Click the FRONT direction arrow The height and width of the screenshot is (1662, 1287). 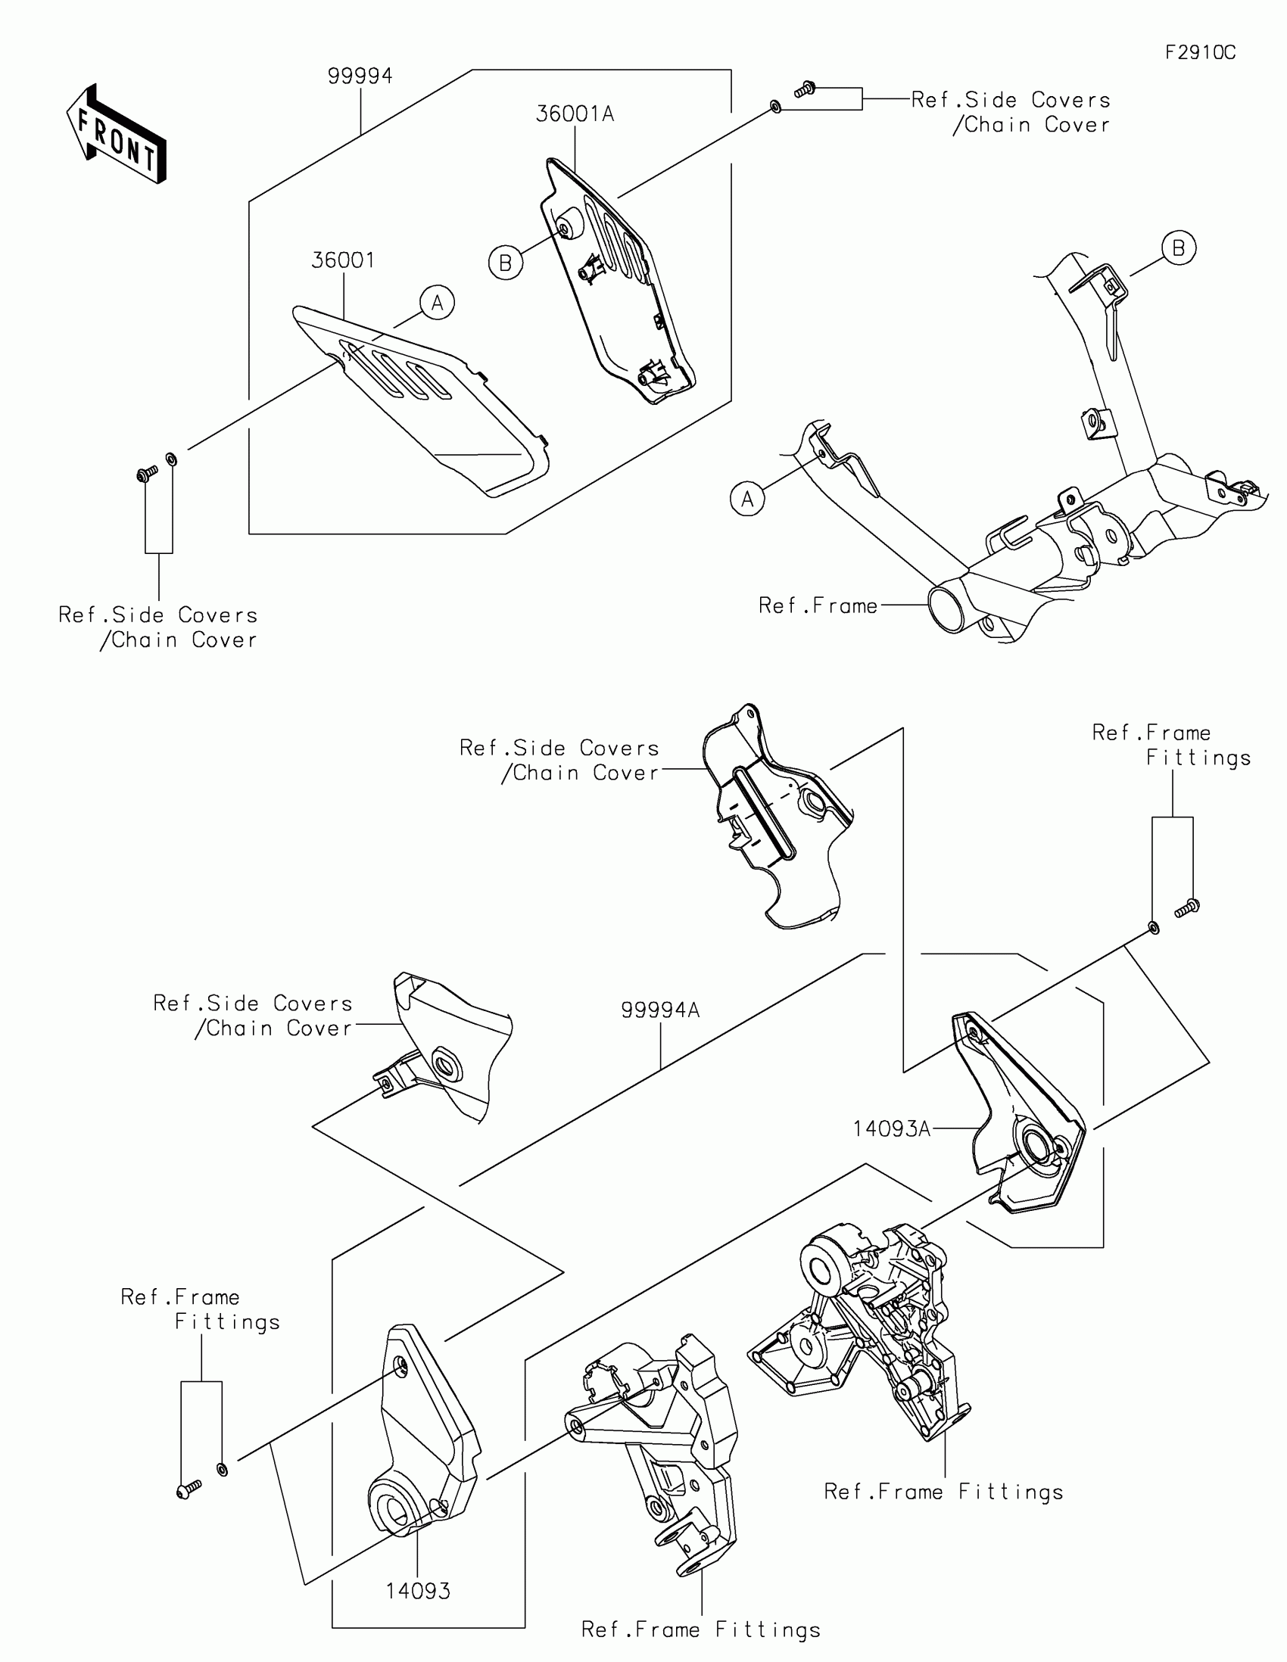pos(116,135)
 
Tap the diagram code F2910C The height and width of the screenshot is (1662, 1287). pos(1200,52)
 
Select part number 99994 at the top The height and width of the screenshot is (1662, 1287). pos(360,76)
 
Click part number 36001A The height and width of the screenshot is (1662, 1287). pos(575,114)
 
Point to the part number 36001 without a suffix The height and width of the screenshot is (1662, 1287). pos(343,260)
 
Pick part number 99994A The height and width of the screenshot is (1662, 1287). pos(660,1010)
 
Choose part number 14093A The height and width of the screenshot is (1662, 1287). pos(892,1128)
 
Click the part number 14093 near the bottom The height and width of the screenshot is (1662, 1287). pos(418,1590)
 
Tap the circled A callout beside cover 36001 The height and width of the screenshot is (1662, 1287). pos(437,303)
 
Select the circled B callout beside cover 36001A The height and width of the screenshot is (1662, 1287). pos(506,263)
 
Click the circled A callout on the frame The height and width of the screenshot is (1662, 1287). pos(747,500)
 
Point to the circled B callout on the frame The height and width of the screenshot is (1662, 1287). pos(1178,248)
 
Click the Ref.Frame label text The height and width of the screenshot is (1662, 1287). pos(818,605)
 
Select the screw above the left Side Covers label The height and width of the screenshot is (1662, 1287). pos(147,474)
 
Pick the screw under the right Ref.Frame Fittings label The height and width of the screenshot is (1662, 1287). pos(1187,907)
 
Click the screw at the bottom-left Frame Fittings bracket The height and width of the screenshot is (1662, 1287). pos(187,1489)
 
